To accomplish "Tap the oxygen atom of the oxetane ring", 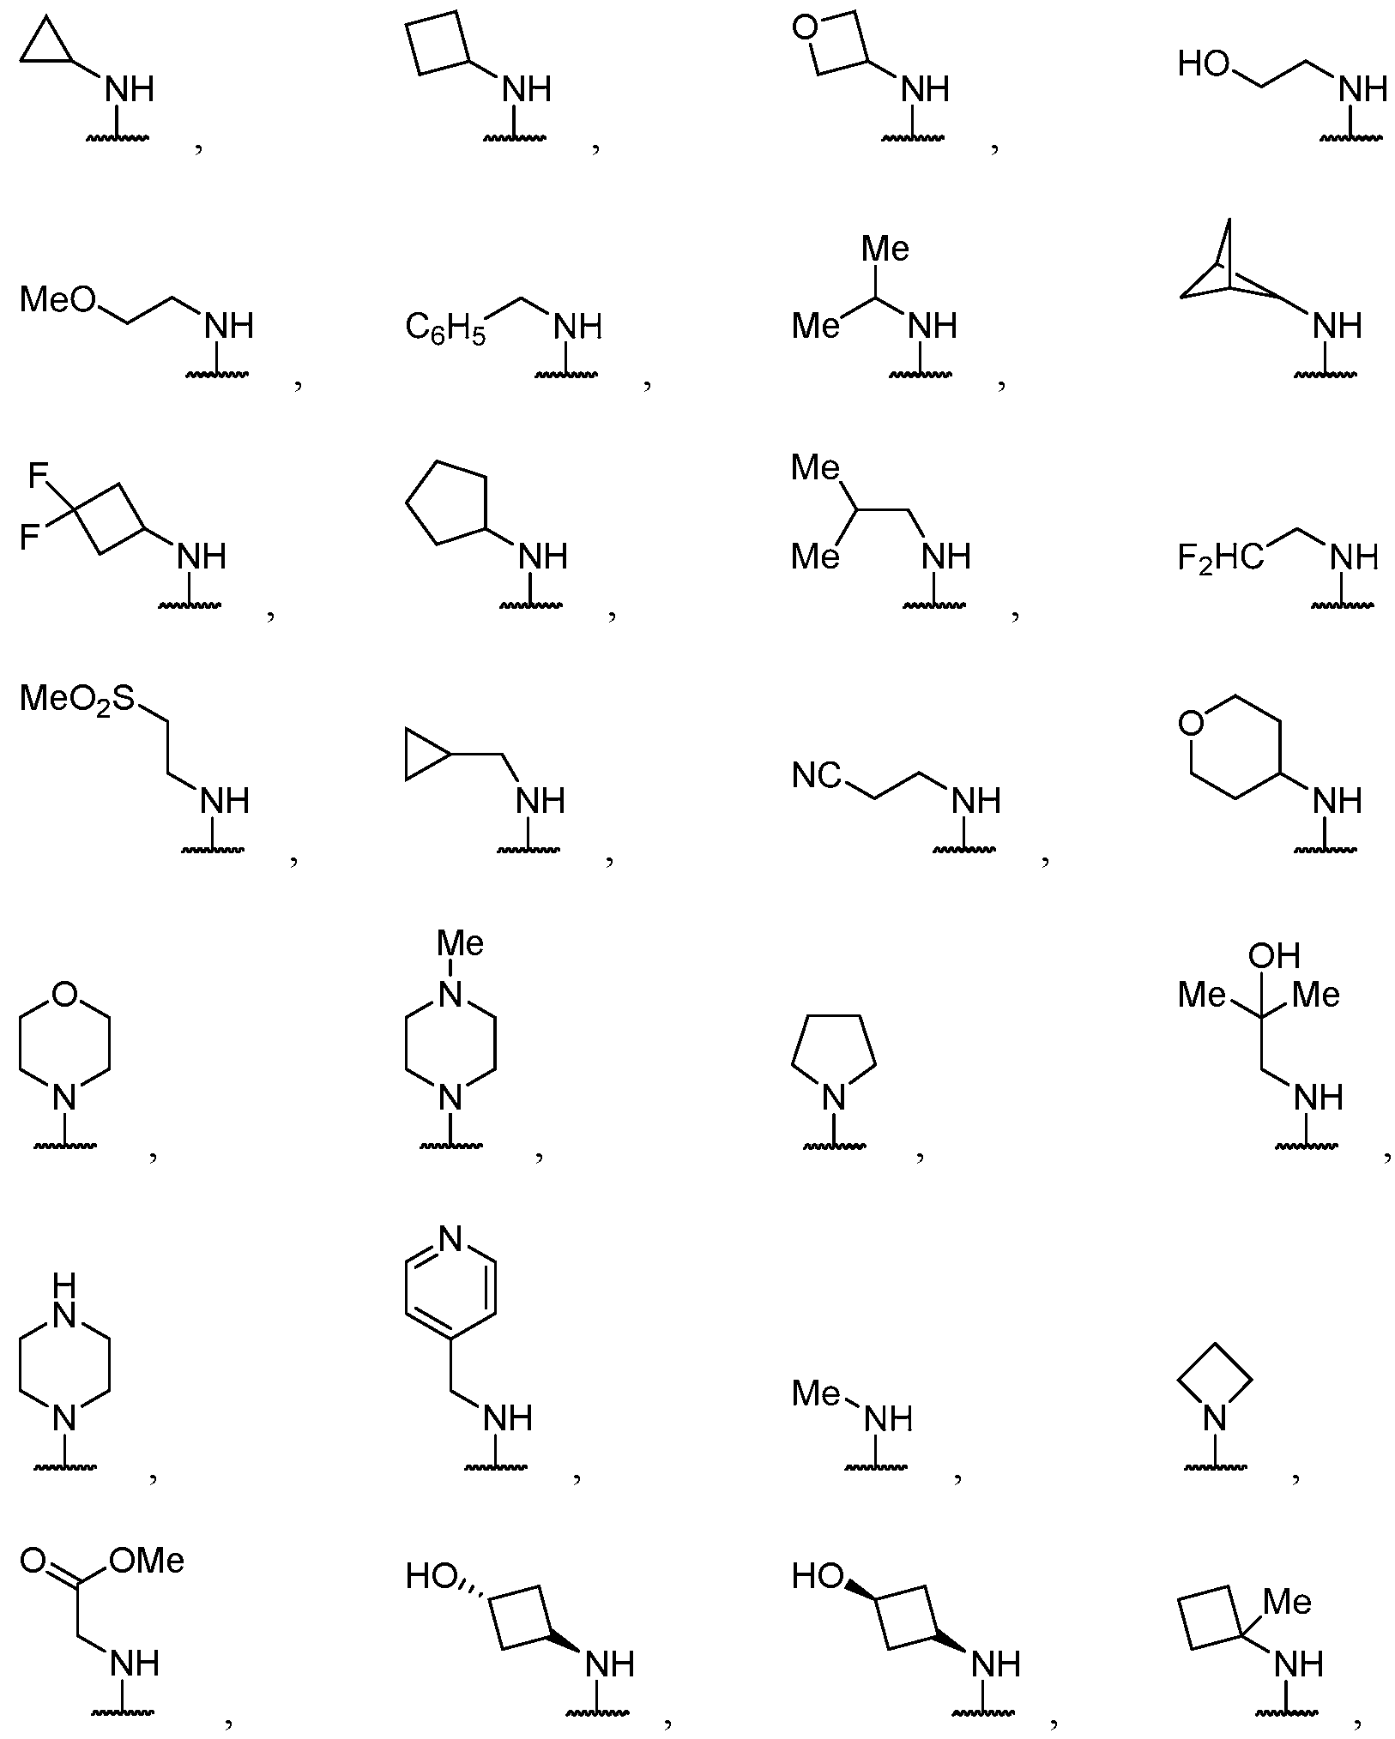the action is pos(805,28).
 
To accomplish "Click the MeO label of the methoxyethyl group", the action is pos(58,300).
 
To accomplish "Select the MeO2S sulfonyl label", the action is pos(77,700).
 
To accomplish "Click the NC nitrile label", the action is pos(817,776).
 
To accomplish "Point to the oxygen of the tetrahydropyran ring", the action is pos(1191,725).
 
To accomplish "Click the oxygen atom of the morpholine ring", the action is pos(64,994).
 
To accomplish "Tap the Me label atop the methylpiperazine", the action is pos(460,944).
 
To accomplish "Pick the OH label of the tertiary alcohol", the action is pos(1274,955).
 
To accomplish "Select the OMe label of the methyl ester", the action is pos(148,1561).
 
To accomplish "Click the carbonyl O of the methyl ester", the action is pos(33,1561).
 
